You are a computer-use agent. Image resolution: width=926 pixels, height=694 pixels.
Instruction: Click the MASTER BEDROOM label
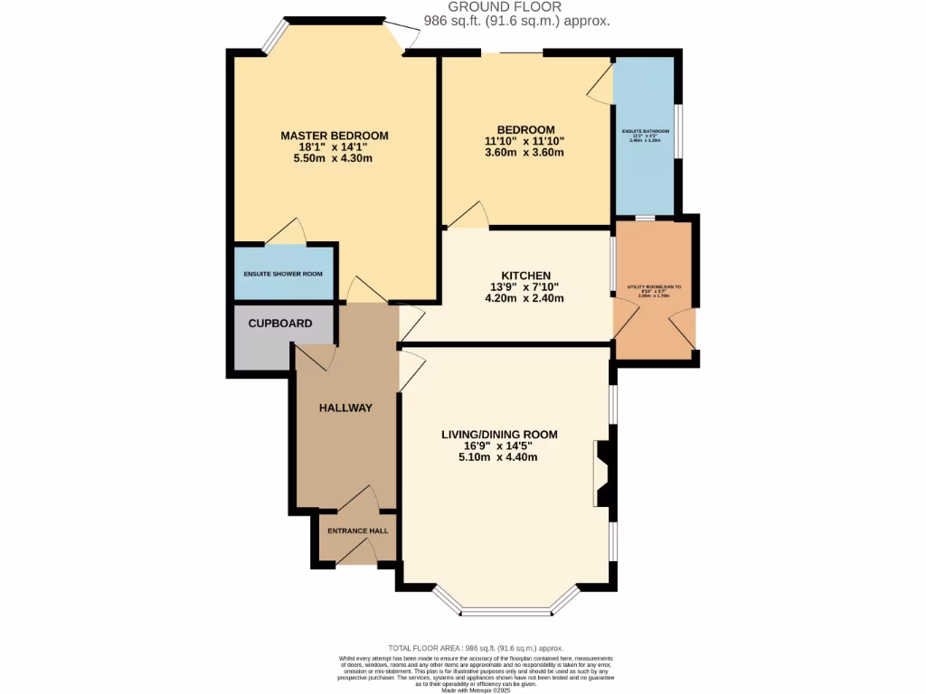tap(334, 136)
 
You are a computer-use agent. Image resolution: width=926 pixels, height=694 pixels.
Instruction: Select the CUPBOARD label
tap(280, 324)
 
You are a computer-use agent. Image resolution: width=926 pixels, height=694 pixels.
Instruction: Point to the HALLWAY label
tap(345, 408)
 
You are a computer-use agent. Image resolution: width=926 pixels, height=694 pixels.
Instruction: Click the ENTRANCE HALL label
tap(358, 530)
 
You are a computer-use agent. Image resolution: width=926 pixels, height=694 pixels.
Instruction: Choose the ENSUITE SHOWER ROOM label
tap(282, 274)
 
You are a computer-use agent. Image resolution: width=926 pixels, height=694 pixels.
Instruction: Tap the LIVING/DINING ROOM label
tap(499, 435)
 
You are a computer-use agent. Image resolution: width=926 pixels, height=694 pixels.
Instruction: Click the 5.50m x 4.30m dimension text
tap(334, 158)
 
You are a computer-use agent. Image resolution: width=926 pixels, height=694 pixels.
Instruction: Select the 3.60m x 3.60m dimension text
tap(524, 153)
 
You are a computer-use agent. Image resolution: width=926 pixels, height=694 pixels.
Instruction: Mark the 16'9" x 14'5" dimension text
tap(499, 446)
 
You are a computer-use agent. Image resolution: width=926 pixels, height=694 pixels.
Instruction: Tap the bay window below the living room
tap(506, 611)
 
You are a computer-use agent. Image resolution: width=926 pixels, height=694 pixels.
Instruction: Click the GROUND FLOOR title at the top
tap(517, 6)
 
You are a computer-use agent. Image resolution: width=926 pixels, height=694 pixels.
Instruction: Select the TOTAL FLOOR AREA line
tap(476, 648)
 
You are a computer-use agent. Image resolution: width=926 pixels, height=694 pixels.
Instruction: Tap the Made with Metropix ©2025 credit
tap(477, 689)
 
